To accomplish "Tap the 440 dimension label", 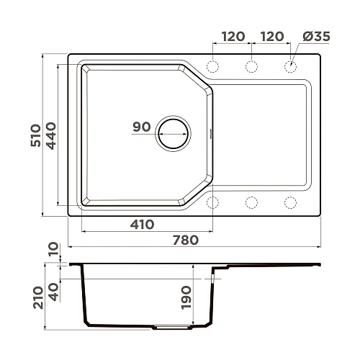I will click(50, 134).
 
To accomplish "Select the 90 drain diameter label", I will click(142, 127).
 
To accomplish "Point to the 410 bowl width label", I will click(143, 224).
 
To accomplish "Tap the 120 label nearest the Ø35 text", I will click(271, 37).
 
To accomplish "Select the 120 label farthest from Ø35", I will click(233, 37).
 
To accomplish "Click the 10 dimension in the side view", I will click(51, 251).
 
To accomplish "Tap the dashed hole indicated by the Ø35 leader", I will click(291, 66).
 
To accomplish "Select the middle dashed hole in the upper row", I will click(252, 66).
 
